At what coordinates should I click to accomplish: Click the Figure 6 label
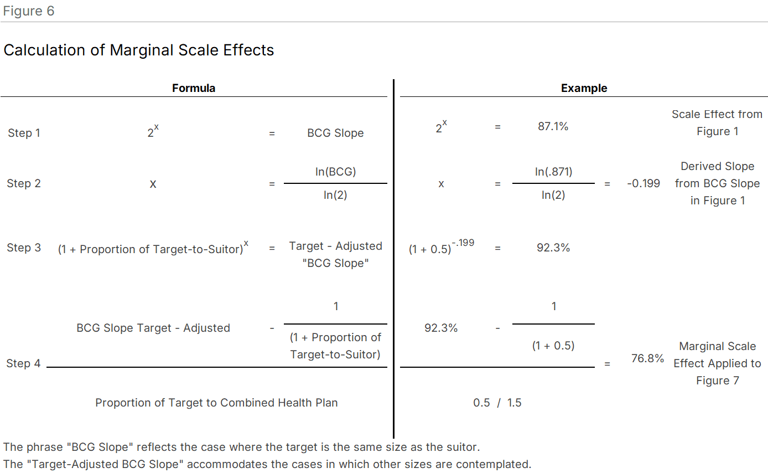(29, 11)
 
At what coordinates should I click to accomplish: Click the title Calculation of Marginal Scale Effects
(139, 50)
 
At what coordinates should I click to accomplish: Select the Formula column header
(194, 88)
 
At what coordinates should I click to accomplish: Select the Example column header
(584, 88)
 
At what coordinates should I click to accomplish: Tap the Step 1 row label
(24, 133)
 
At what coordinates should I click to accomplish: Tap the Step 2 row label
(24, 183)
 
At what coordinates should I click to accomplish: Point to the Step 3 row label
(24, 248)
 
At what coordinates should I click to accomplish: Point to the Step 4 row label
(23, 363)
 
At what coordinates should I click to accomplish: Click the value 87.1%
(553, 126)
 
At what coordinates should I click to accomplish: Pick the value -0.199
(644, 183)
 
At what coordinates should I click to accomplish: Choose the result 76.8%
(647, 358)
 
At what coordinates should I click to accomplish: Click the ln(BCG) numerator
(335, 172)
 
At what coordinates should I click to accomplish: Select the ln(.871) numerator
(553, 172)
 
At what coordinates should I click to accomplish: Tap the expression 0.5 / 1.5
(497, 403)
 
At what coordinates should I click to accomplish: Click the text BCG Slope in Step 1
(335, 133)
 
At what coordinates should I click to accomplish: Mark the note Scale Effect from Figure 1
(717, 123)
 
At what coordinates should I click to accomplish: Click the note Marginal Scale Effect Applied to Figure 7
(717, 363)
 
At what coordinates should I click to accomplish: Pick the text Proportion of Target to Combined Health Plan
(216, 403)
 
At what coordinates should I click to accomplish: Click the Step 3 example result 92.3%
(553, 248)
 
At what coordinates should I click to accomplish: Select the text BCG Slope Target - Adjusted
(153, 328)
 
